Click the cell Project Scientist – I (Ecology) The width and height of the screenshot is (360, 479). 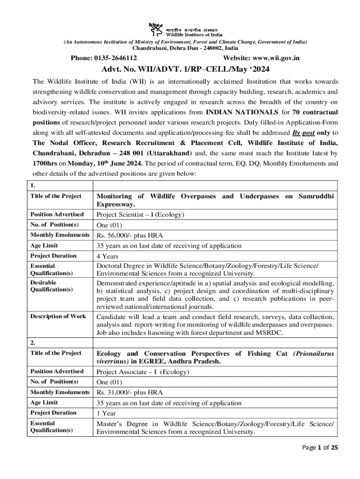pyautogui.click(x=140, y=215)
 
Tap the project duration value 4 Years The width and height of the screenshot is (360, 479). pyautogui.click(x=106, y=256)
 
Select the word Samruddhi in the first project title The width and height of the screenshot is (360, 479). pyautogui.click(x=316, y=196)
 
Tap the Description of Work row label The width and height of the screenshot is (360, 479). pyautogui.click(x=58, y=316)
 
